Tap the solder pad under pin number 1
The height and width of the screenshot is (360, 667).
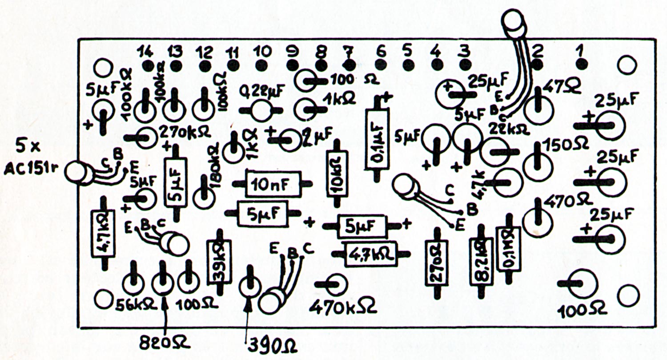tap(581, 65)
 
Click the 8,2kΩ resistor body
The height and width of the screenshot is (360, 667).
tap(481, 262)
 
